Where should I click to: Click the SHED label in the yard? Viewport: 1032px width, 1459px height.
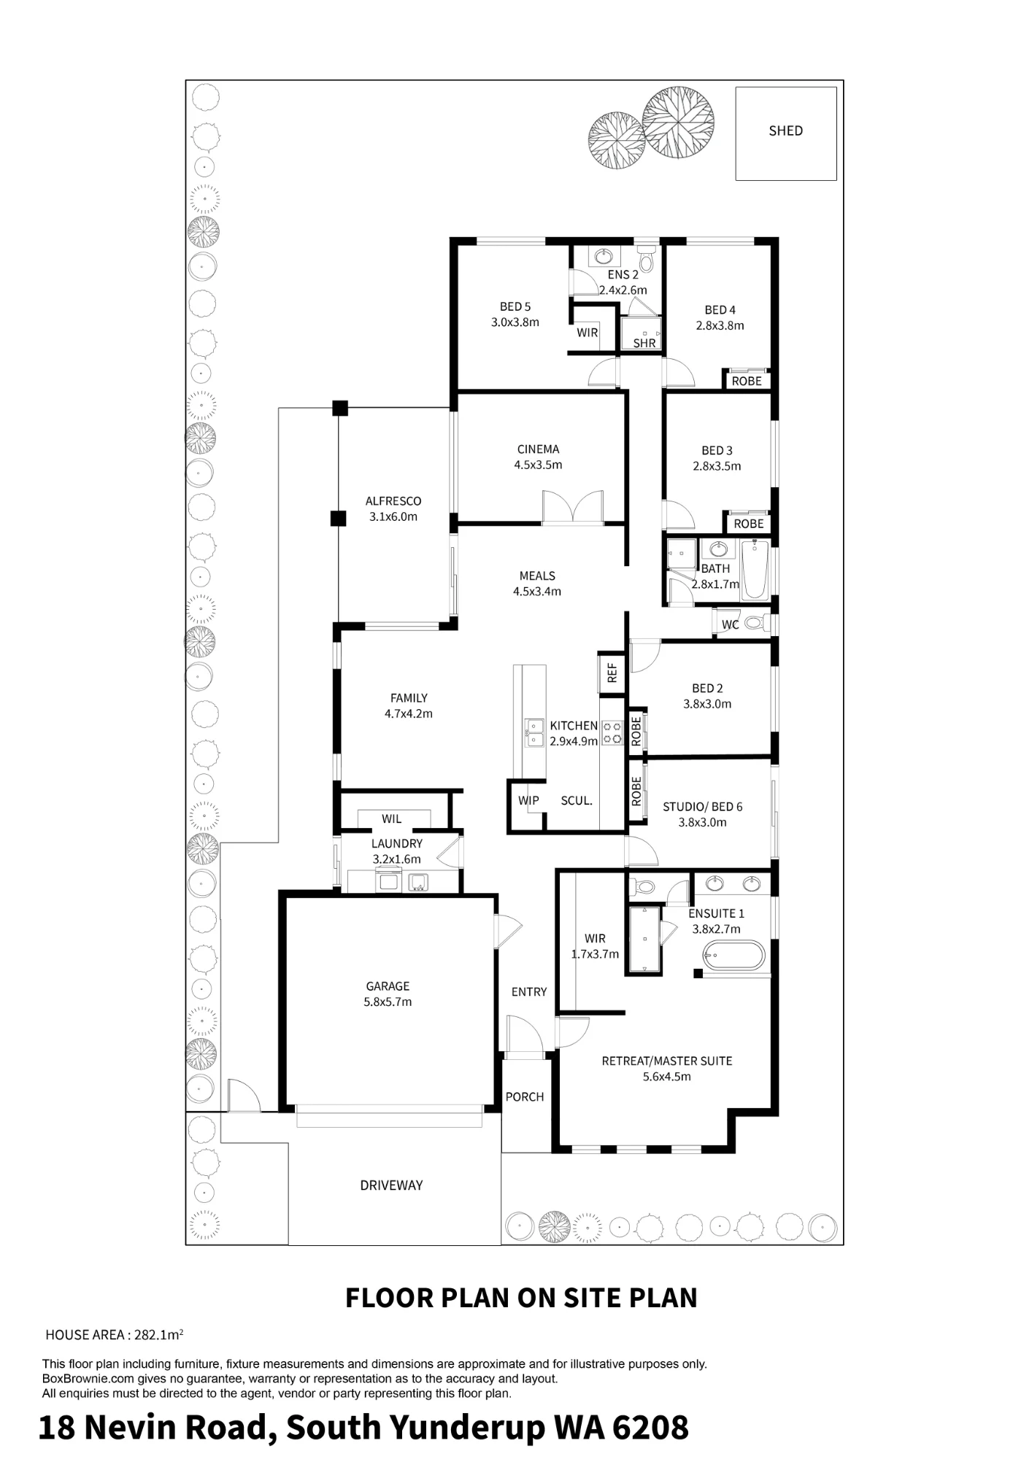coord(785,131)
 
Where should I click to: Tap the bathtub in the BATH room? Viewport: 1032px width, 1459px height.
coord(755,570)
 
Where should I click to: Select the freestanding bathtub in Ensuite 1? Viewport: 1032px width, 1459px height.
coord(733,955)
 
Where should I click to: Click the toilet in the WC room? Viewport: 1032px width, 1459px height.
coord(756,624)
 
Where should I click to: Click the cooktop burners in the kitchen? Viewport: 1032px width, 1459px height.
coord(612,732)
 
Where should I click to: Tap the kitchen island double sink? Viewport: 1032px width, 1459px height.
coord(534,732)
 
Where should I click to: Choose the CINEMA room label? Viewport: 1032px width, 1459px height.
coord(538,449)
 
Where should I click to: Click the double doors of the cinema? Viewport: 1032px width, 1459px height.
coord(573,508)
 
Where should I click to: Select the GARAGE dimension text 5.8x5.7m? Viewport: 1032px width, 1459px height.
coord(388,1002)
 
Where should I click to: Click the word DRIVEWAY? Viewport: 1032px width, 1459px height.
coord(391,1185)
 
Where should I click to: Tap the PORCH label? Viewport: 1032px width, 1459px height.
coord(525,1097)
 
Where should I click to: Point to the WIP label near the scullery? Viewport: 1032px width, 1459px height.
coord(528,800)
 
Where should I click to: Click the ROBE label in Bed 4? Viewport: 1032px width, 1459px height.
coord(747,381)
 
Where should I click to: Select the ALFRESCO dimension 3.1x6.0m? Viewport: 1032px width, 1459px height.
coord(393,516)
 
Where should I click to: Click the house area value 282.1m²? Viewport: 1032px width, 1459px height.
coord(158,1334)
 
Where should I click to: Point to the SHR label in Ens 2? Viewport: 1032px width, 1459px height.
coord(644,343)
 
